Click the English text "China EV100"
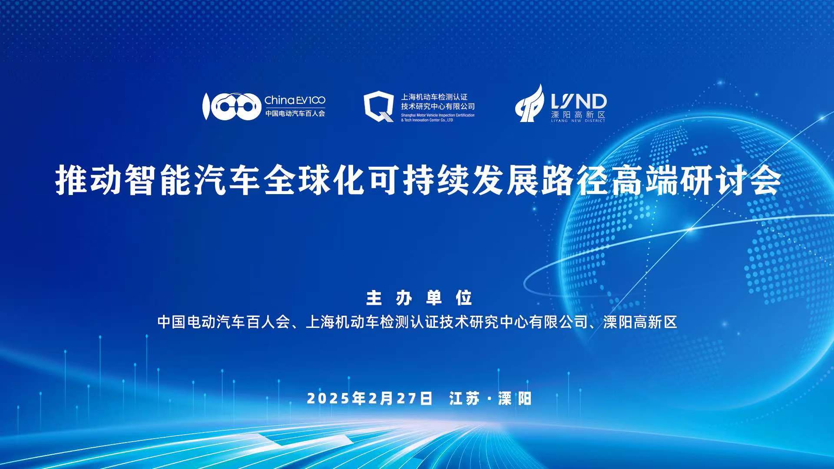295,100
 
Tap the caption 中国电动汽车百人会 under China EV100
295,114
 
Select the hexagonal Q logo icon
379,106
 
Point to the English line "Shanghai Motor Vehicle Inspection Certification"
438,116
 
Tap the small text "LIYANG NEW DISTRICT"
578,121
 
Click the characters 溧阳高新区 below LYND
578,115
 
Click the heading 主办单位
419,298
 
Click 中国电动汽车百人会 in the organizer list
223,322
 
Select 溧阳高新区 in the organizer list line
640,322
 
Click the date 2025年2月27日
370,398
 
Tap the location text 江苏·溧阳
490,398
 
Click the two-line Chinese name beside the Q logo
438,102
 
